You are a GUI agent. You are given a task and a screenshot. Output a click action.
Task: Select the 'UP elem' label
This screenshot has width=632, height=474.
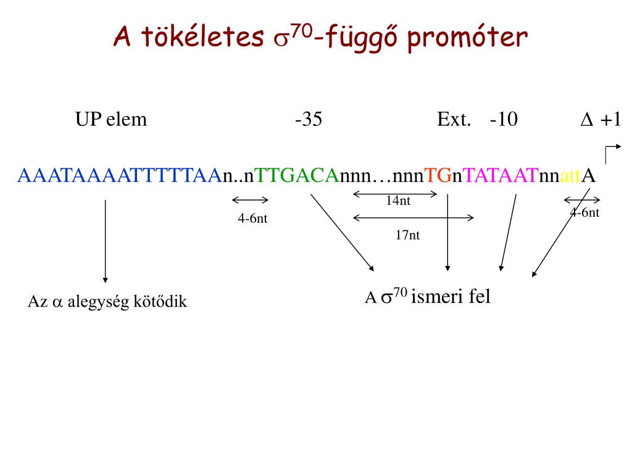[111, 119]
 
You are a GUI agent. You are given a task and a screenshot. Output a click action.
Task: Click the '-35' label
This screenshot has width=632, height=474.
[309, 119]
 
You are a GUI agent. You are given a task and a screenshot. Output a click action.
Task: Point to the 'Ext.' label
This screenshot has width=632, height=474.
[454, 119]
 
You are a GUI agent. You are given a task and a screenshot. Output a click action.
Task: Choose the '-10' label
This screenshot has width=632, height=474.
[504, 119]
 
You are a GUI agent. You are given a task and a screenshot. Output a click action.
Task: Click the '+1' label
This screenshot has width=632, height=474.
[610, 119]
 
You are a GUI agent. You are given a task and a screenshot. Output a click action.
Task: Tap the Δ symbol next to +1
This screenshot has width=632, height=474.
[586, 120]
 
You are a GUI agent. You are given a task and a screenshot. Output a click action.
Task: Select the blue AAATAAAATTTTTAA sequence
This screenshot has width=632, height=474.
[119, 176]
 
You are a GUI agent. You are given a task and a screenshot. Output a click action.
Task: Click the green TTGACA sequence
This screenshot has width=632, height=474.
[297, 176]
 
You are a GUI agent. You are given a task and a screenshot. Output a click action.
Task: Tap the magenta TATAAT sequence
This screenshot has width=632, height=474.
[501, 176]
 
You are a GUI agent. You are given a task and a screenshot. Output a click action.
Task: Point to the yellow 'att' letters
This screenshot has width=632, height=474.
[571, 177]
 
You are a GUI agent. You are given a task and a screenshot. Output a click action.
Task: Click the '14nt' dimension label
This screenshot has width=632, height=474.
[398, 200]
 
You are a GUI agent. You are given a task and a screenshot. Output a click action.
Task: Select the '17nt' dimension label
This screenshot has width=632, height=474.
[408, 235]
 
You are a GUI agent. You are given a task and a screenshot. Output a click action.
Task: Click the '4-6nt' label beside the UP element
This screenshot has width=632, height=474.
[252, 218]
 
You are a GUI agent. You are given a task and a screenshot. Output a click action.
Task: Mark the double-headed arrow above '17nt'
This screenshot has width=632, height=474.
[414, 217]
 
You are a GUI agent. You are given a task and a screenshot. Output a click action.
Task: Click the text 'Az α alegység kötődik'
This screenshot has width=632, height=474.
[107, 302]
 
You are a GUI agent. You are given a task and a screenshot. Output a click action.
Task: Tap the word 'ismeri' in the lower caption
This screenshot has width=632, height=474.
[435, 297]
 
